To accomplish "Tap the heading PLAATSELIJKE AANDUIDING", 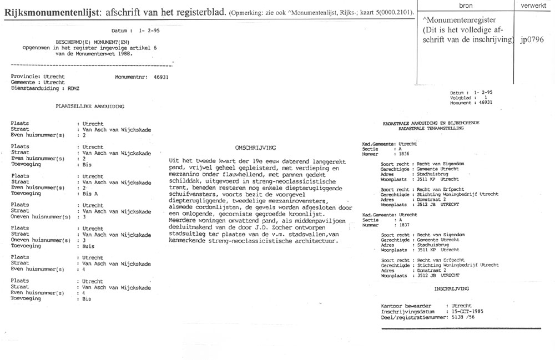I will [x=89, y=105].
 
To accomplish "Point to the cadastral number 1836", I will [x=400, y=154].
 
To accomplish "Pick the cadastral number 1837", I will [x=400, y=225].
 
